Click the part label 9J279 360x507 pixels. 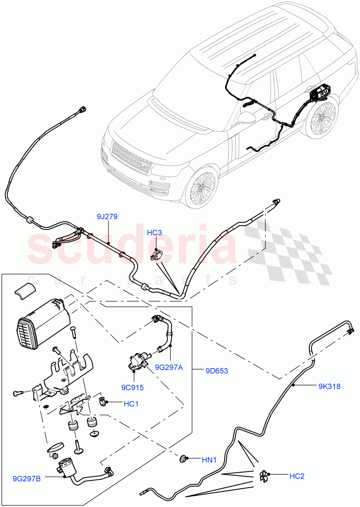tap(107, 217)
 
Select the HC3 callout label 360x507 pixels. tap(155, 233)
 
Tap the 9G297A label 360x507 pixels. tap(168, 367)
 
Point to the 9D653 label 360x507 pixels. tap(217, 371)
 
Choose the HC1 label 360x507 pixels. tap(131, 404)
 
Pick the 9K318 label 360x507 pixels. tap(329, 386)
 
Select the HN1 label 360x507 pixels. tap(209, 460)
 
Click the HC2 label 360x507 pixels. tap(297, 476)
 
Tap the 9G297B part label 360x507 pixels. tap(27, 479)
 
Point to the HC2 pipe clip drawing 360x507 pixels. tap(265, 476)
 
